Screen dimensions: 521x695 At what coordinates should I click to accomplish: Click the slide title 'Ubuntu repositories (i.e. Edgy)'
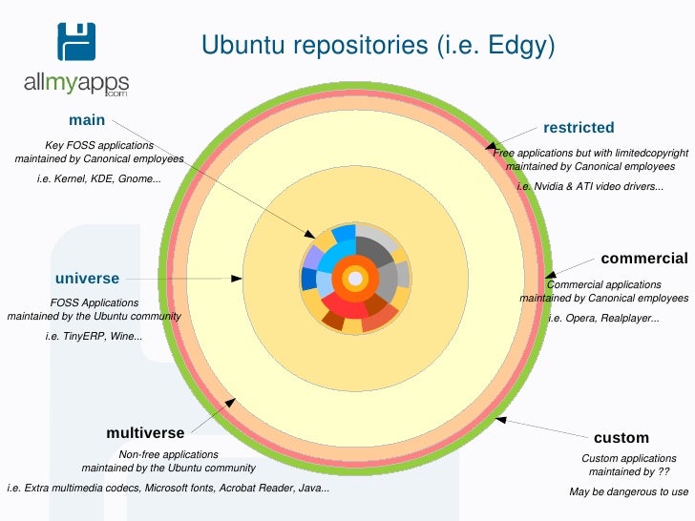377,46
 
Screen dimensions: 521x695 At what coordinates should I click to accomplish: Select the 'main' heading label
87,120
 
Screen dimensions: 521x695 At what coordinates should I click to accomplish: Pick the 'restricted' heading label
579,128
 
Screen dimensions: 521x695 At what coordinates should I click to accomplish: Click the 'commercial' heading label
643,259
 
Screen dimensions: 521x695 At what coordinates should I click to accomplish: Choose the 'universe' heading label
87,279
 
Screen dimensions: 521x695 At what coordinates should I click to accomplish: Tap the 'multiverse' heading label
145,433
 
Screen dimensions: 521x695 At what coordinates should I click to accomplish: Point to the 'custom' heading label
621,438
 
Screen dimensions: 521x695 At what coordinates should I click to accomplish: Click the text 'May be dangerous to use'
628,491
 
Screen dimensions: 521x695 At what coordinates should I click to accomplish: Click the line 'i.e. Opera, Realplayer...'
603,318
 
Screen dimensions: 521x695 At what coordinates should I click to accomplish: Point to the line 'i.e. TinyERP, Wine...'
94,337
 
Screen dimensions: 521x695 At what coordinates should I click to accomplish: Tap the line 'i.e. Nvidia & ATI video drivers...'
590,186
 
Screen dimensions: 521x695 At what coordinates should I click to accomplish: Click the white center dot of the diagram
355,279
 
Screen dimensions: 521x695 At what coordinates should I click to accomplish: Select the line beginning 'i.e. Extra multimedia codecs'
168,489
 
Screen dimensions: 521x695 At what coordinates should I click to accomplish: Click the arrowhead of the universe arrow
238,279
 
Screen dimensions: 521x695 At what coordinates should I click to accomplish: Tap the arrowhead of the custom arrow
499,419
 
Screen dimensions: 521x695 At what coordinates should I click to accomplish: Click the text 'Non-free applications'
168,454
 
